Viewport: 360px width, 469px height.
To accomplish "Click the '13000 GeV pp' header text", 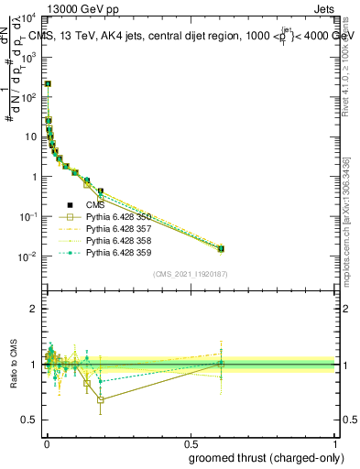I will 84,10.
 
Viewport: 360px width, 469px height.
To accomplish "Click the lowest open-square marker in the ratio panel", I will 100,399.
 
